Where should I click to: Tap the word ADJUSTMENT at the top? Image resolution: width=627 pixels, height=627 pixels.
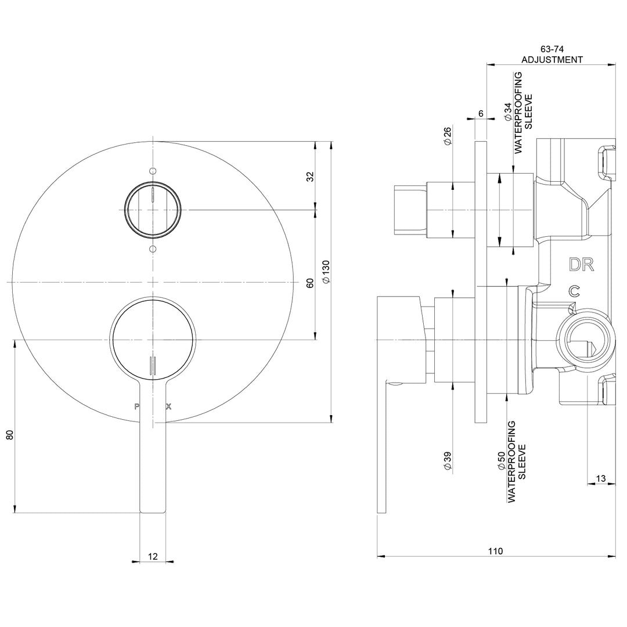point(552,59)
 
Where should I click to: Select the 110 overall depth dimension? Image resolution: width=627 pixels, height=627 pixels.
point(495,551)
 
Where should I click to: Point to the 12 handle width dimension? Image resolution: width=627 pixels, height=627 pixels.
point(153,556)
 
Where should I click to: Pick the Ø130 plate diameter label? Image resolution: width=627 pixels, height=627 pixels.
point(326,271)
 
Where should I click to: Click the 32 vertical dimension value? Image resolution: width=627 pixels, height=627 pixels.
point(310,175)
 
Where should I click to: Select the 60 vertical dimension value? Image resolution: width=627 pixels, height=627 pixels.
point(310,283)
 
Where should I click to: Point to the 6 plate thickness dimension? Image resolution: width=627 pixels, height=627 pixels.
point(481,113)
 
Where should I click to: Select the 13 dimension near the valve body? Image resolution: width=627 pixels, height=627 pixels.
point(600,478)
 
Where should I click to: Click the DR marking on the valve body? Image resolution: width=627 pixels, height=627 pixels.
point(581,265)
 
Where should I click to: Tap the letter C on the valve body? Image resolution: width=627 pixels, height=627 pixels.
point(574,291)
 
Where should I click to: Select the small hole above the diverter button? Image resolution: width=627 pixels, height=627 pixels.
point(153,171)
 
